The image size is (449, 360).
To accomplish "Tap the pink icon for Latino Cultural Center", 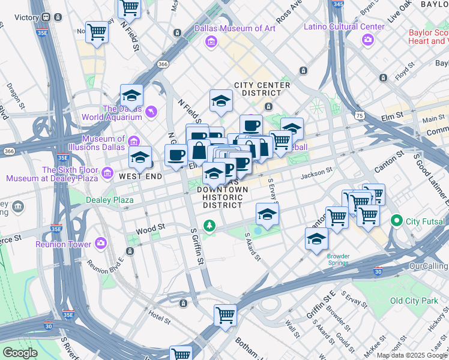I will pyautogui.click(x=367, y=40).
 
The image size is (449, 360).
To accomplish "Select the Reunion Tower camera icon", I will pyautogui.click(x=100, y=244).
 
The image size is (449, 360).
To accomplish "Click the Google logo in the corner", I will pyautogui.click(x=20, y=353).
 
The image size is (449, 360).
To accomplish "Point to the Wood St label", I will pyautogui.click(x=150, y=229).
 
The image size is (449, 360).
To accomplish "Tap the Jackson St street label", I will pyautogui.click(x=316, y=172).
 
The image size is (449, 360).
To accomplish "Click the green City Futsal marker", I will pyautogui.click(x=396, y=221).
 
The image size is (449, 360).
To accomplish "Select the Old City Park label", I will pyautogui.click(x=414, y=301).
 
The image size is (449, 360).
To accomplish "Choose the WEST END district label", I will pyautogui.click(x=140, y=176).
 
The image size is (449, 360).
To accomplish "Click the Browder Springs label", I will pyautogui.click(x=338, y=260).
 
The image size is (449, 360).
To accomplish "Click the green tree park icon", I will pyautogui.click(x=209, y=226).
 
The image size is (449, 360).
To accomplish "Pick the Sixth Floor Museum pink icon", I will pyautogui.click(x=107, y=174).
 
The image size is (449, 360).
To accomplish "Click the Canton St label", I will pyautogui.click(x=385, y=160).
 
